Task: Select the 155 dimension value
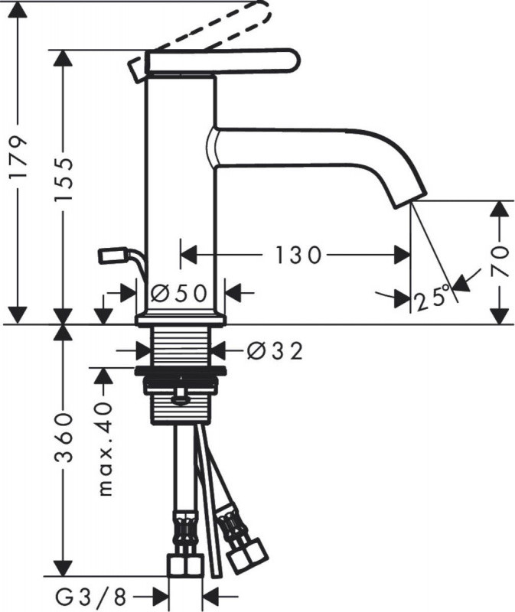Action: coord(65,181)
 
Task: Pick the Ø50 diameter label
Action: coord(181,292)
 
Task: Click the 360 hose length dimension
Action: coord(65,448)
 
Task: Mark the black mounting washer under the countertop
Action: coord(181,373)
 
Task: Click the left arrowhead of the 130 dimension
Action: coord(188,255)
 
